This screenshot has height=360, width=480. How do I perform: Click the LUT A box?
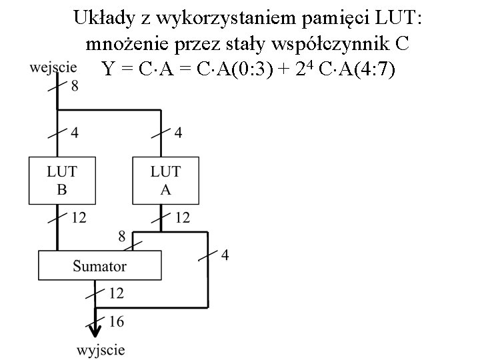point(165,180)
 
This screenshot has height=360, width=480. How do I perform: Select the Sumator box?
point(99,265)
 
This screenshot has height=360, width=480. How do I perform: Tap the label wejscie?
point(54,67)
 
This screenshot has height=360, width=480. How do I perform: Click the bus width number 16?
point(115,322)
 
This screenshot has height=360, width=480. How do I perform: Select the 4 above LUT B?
point(74,133)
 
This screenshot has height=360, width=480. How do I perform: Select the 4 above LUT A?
point(178,133)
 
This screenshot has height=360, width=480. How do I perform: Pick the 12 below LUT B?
point(79,217)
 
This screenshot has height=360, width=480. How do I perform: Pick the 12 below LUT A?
point(182,217)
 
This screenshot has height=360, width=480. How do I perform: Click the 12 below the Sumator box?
point(116,293)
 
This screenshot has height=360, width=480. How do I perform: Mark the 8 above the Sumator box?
point(121,235)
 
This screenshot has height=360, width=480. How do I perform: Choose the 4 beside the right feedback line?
point(225,255)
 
